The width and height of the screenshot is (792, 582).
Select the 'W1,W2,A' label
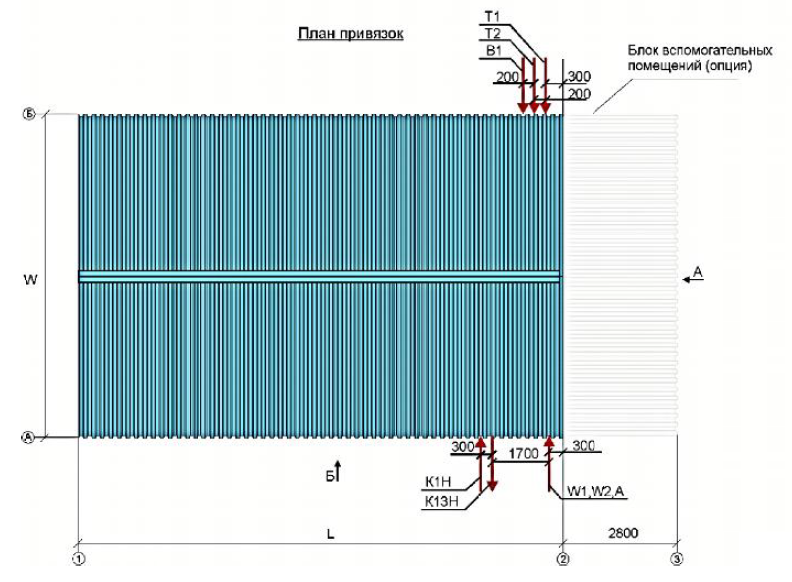point(595,490)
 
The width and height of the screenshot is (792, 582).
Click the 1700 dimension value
point(523,454)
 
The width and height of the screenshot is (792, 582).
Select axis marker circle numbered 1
point(78,560)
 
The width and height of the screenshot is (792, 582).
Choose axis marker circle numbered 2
point(563,560)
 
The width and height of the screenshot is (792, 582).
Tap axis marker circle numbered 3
point(677,560)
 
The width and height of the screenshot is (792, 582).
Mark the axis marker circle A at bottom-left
point(28,437)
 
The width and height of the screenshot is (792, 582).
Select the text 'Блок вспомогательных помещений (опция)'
point(688,58)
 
